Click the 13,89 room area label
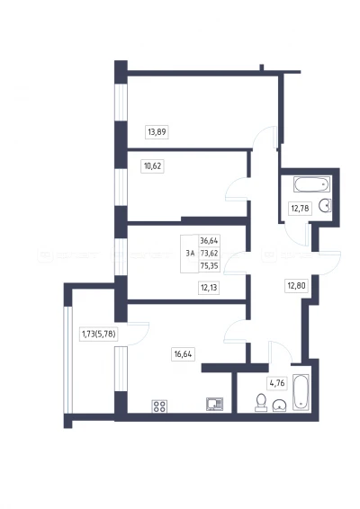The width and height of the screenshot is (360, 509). pyautogui.click(x=157, y=132)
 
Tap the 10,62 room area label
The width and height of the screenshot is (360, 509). pyautogui.click(x=152, y=166)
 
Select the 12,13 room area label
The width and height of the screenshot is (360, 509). pyautogui.click(x=209, y=287)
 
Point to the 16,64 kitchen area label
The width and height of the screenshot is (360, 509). pyautogui.click(x=183, y=353)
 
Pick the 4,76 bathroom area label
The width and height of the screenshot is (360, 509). pyautogui.click(x=277, y=383)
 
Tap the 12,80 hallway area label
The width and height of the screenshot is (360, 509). pyautogui.click(x=297, y=286)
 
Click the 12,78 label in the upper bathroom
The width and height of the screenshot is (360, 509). pyautogui.click(x=300, y=208)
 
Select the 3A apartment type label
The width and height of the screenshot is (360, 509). pyautogui.click(x=190, y=254)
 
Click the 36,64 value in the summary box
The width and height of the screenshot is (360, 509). pyautogui.click(x=209, y=240)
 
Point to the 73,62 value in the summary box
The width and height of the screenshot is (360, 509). pyautogui.click(x=209, y=254)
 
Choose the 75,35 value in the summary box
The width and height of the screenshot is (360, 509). pyautogui.click(x=209, y=266)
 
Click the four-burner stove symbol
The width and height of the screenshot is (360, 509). pyautogui.click(x=159, y=406)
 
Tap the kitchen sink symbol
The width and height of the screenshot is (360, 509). pyautogui.click(x=215, y=404)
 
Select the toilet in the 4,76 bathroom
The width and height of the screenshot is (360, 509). pyautogui.click(x=261, y=403)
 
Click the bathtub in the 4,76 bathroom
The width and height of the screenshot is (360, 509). pyautogui.click(x=301, y=392)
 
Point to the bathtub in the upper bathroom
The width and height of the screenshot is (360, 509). pyautogui.click(x=312, y=184)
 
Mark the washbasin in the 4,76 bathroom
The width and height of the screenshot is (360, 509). pyautogui.click(x=279, y=406)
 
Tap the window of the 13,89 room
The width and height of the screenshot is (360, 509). pyautogui.click(x=121, y=103)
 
